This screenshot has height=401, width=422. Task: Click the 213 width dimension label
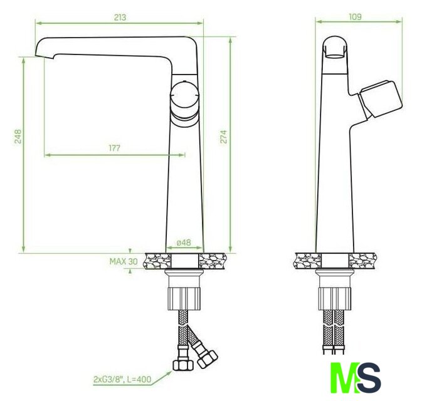120,18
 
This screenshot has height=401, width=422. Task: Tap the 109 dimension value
356,17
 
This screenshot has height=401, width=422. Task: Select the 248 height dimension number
18,137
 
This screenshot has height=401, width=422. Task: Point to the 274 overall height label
224,137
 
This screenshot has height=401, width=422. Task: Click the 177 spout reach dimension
114,148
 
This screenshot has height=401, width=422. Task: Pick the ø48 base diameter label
184,242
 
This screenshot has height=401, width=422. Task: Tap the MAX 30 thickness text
124,261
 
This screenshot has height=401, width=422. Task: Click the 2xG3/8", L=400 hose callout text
122,380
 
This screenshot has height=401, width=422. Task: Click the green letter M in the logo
344,378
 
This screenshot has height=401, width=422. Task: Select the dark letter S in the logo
369,378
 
